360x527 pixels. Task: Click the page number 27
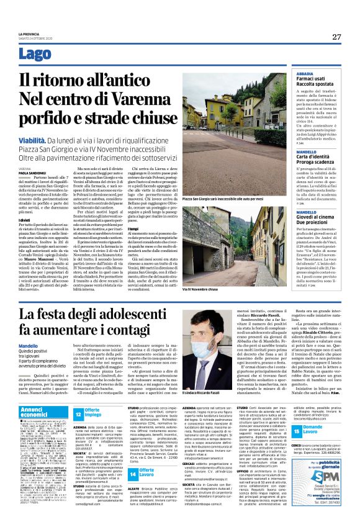pos(336,37)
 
